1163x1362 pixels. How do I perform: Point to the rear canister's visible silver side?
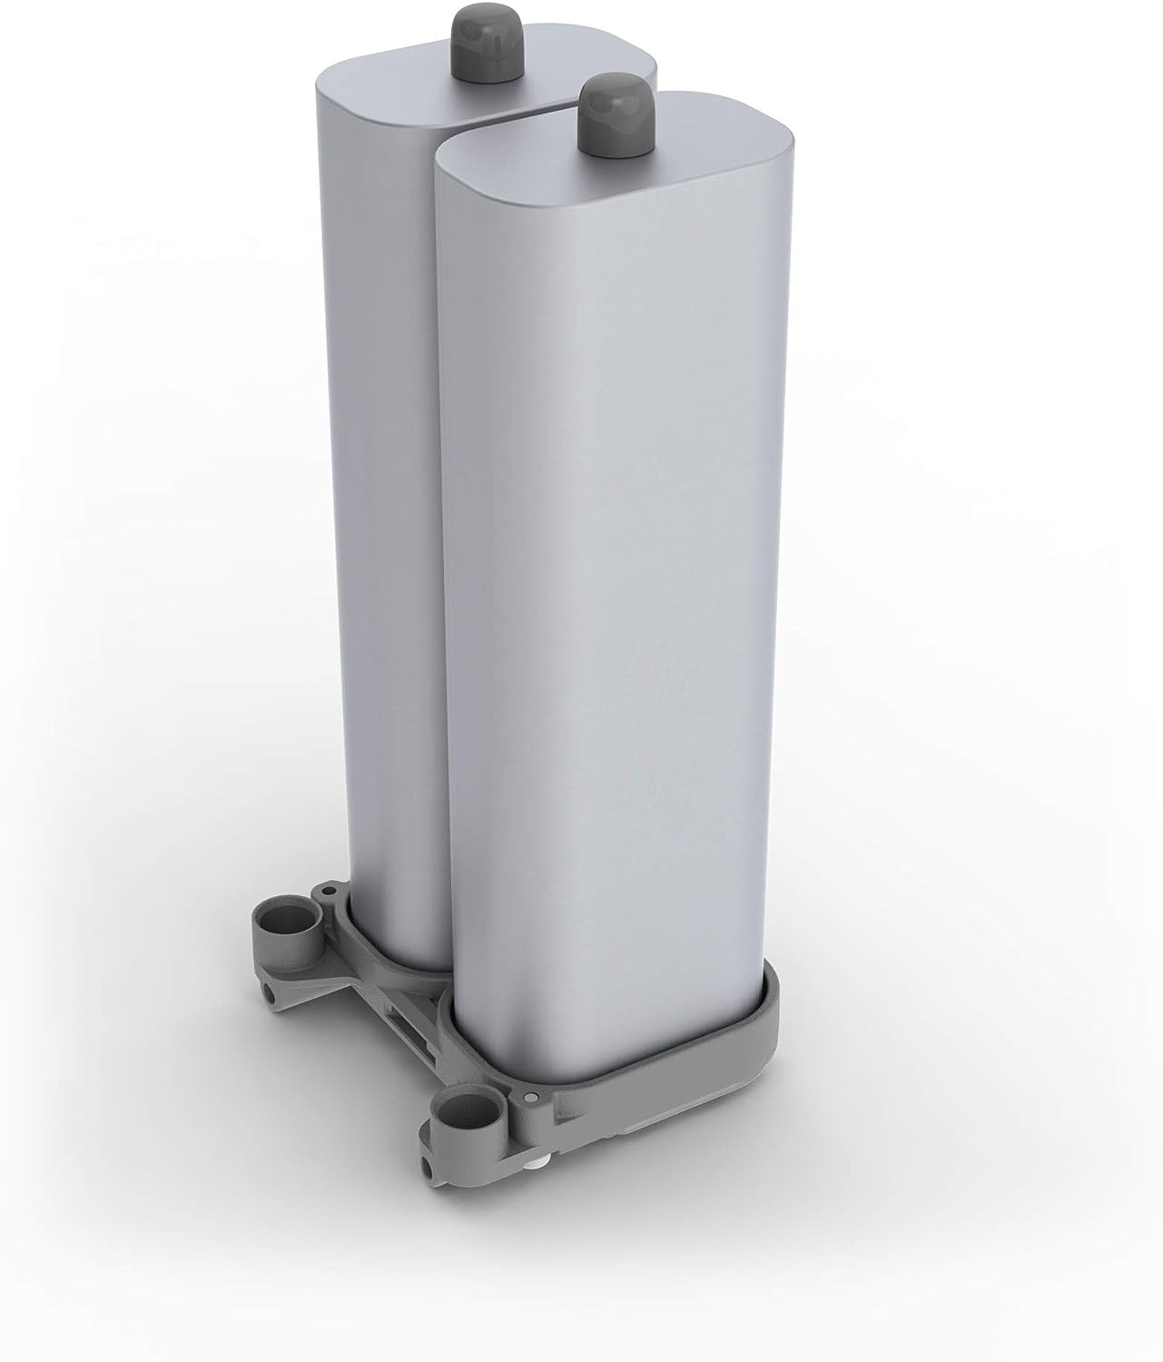pyautogui.click(x=381, y=545)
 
